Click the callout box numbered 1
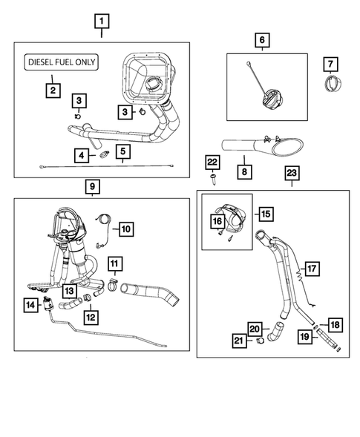click(102, 22)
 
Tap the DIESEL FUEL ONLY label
click(62, 62)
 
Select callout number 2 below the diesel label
click(53, 91)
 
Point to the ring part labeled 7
click(333, 84)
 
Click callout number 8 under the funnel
click(244, 171)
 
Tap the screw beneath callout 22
click(213, 179)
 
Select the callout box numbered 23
click(292, 173)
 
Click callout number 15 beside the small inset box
click(266, 214)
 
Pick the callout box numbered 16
click(217, 221)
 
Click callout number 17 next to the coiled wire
click(312, 269)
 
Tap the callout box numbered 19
click(305, 337)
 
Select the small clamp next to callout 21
click(260, 341)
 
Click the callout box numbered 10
click(126, 229)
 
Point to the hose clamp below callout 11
click(114, 285)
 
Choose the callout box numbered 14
click(30, 305)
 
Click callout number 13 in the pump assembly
click(69, 291)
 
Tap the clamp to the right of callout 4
click(105, 154)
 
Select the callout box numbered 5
click(123, 151)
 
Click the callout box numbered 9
click(92, 186)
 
